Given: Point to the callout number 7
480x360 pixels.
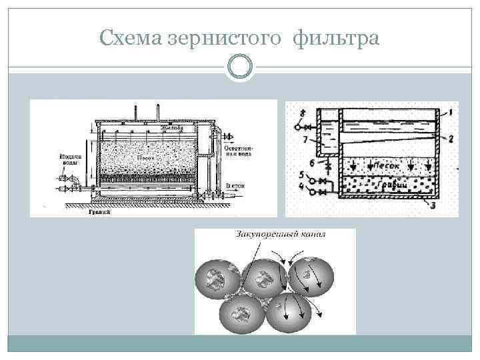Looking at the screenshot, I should (304, 140).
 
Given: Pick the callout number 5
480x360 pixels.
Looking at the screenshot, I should (303, 175).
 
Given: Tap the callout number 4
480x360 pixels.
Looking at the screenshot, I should (303, 187).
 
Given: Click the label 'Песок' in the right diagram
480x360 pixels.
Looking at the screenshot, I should (387, 163).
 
